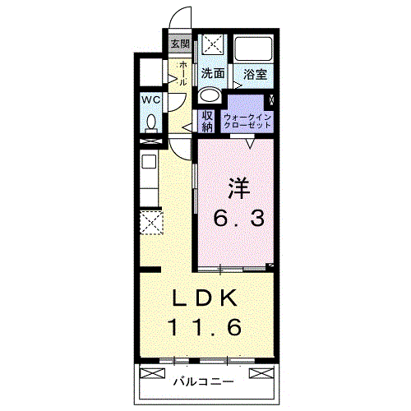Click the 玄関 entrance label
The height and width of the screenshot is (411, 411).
[180, 44]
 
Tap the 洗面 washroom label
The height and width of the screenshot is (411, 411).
[213, 73]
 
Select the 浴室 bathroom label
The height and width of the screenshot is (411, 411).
[255, 74]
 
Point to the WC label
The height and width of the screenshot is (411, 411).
[151, 100]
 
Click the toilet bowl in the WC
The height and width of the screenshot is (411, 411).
[151, 123]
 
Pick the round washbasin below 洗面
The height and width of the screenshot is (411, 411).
[210, 96]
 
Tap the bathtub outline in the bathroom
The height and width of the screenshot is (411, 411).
[254, 48]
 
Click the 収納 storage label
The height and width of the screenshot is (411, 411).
[207, 122]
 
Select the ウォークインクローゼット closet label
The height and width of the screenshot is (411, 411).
[247, 122]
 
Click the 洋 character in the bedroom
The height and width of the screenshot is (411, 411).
[239, 188]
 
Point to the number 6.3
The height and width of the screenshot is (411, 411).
[239, 218]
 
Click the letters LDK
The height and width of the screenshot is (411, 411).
[205, 298]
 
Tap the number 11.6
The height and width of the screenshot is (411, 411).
[205, 327]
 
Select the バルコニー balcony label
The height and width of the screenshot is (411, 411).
[204, 381]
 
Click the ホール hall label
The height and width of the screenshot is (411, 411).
[182, 73]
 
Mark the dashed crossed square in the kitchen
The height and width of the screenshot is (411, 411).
[151, 223]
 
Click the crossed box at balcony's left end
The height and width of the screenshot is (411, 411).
[152, 373]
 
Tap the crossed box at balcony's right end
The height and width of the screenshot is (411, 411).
[261, 373]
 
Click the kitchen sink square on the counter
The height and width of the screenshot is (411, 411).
[149, 162]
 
